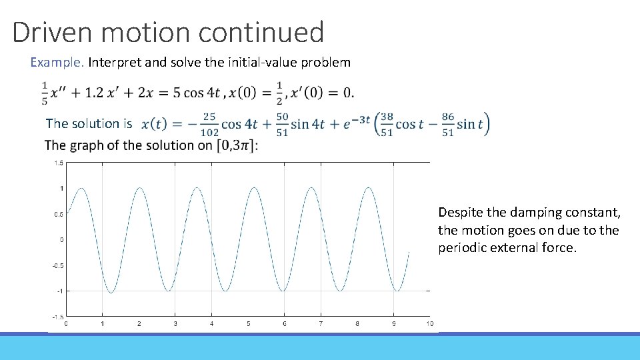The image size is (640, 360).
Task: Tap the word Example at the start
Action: point(56,63)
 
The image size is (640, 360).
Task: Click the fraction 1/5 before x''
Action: point(45,93)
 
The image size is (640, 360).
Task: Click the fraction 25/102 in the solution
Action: point(209,124)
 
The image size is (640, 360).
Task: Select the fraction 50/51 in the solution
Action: point(281,124)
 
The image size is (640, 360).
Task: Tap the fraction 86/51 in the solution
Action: point(448,124)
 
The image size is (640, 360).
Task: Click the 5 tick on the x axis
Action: point(248,324)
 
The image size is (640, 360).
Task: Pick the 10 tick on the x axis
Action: point(429,324)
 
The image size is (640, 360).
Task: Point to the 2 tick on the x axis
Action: point(139,324)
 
